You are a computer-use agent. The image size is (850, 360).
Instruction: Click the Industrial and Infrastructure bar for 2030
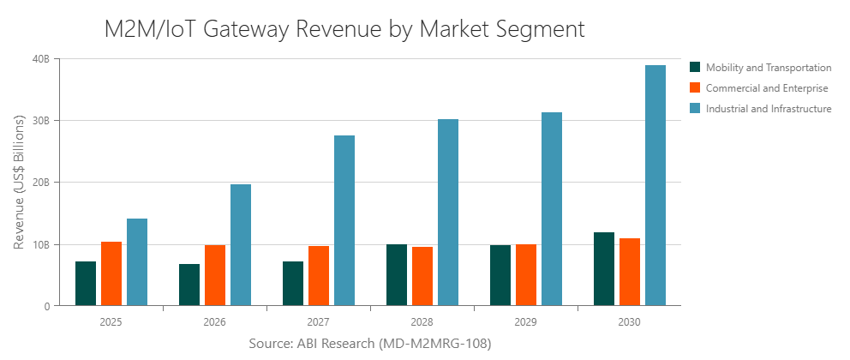[x=655, y=185]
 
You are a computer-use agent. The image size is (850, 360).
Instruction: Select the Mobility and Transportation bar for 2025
[x=86, y=284]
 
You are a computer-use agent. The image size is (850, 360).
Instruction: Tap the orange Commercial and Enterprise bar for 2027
[x=319, y=276]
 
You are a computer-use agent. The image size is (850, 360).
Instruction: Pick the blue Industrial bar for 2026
[x=241, y=245]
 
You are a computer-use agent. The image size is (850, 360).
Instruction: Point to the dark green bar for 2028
[x=397, y=275]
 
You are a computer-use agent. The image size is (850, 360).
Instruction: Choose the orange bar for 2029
[x=526, y=275]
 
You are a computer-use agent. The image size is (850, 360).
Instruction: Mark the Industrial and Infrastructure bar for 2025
[x=137, y=262]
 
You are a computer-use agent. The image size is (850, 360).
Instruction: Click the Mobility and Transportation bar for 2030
[x=604, y=269]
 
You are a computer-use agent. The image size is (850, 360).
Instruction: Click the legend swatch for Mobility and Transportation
[x=696, y=67]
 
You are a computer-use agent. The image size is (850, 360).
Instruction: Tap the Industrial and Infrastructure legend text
[x=769, y=109]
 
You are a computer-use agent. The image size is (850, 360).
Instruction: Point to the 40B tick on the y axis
[x=40, y=59]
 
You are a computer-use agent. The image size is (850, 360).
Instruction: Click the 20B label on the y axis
[x=40, y=183]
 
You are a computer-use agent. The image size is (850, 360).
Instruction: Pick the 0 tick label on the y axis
[x=46, y=306]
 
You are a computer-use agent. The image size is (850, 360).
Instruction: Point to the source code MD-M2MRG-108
[x=434, y=344]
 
